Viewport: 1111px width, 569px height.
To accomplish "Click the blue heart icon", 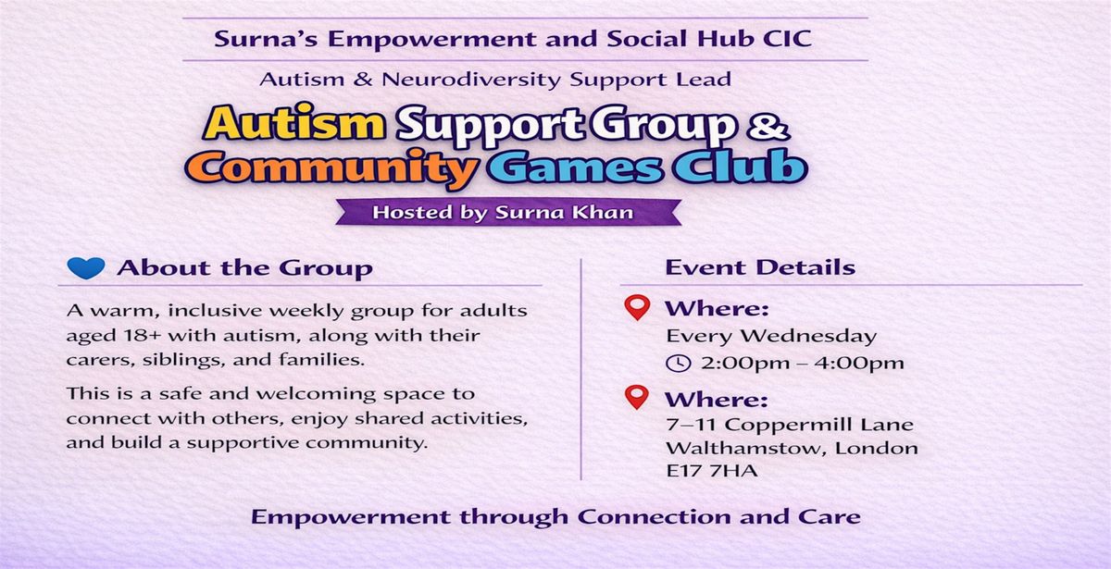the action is coord(86,268).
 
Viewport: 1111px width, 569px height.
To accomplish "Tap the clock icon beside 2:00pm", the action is coord(678,364).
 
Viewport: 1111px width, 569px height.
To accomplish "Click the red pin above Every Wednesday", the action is coord(637,307).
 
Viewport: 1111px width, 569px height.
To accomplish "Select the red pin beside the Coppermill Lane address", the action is coord(637,397).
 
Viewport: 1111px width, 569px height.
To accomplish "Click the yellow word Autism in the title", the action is coord(293,122).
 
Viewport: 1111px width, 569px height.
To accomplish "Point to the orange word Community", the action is coord(331,168).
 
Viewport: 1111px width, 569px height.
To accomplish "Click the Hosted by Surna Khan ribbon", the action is coord(508,212).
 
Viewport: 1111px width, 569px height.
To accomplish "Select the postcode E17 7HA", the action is coord(712,470).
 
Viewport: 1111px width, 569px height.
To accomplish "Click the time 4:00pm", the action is coord(859,364).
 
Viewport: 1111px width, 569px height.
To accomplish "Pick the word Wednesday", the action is coord(808,336).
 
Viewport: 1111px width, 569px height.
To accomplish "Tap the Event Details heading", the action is coord(760,267).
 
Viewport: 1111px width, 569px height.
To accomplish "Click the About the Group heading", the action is coord(244,268).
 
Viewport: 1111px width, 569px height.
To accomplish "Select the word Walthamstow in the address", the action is coord(746,448).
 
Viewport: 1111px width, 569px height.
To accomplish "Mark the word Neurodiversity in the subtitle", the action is coord(471,80).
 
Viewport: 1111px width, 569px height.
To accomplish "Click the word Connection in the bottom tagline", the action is coord(655,517).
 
